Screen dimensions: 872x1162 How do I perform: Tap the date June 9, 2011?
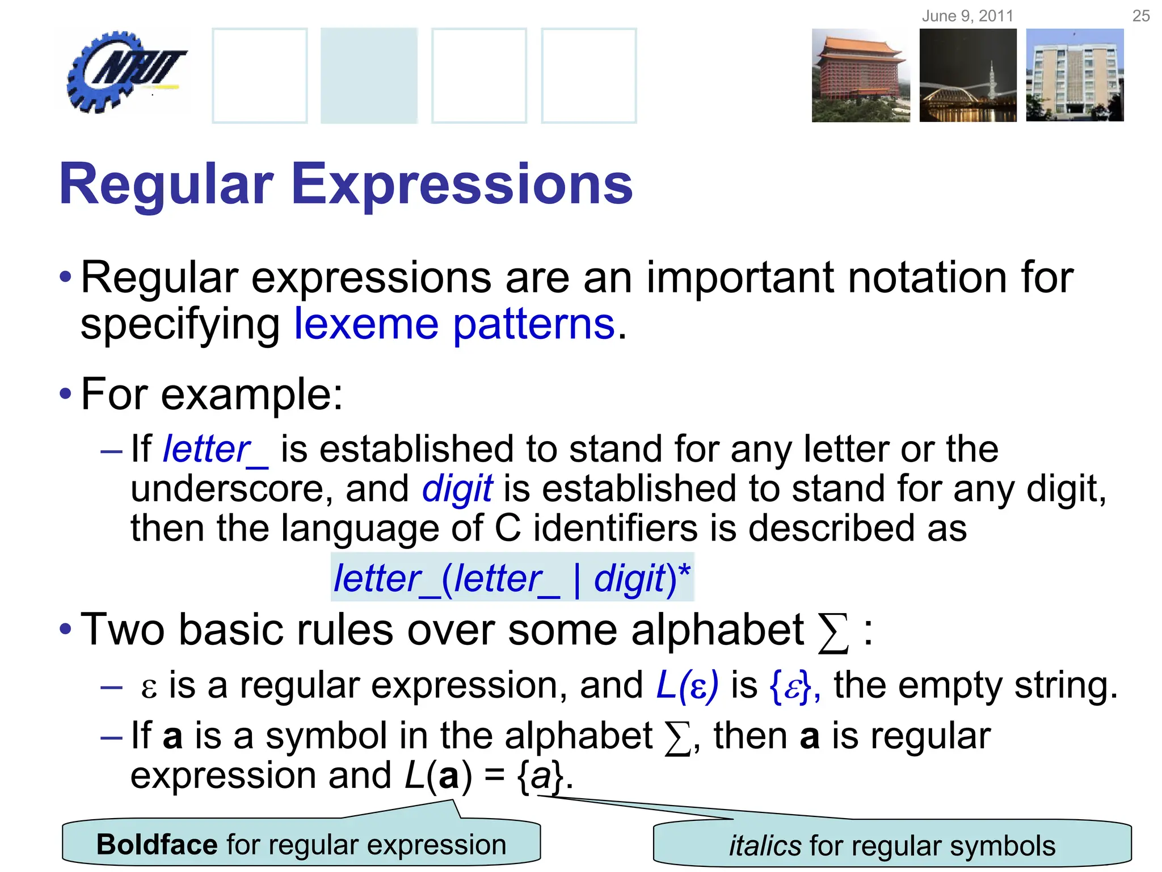pyautogui.click(x=967, y=16)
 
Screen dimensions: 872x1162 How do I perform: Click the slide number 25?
pyautogui.click(x=1140, y=16)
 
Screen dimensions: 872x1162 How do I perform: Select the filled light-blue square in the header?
pyautogui.click(x=369, y=76)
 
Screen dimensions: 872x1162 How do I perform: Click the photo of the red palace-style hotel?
pyautogui.click(x=860, y=76)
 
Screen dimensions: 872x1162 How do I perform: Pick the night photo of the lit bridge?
pyautogui.click(x=967, y=76)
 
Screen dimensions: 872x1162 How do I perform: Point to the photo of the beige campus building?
pyautogui.click(x=1075, y=76)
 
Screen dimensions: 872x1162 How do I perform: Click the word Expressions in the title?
pyautogui.click(x=462, y=185)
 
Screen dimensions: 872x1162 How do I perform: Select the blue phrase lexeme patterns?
pyautogui.click(x=454, y=325)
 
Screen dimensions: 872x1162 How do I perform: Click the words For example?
pyautogui.click(x=211, y=394)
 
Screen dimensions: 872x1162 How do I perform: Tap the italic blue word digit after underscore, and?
pyautogui.click(x=457, y=489)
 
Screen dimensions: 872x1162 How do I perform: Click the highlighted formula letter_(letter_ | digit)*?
pyautogui.click(x=512, y=578)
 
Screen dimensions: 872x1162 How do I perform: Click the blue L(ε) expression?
pyautogui.click(x=687, y=685)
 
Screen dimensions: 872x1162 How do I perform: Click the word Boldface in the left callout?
pyautogui.click(x=157, y=845)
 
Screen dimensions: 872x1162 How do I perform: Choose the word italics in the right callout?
pyautogui.click(x=764, y=846)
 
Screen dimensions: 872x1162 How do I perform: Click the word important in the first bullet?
pyautogui.click(x=740, y=278)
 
